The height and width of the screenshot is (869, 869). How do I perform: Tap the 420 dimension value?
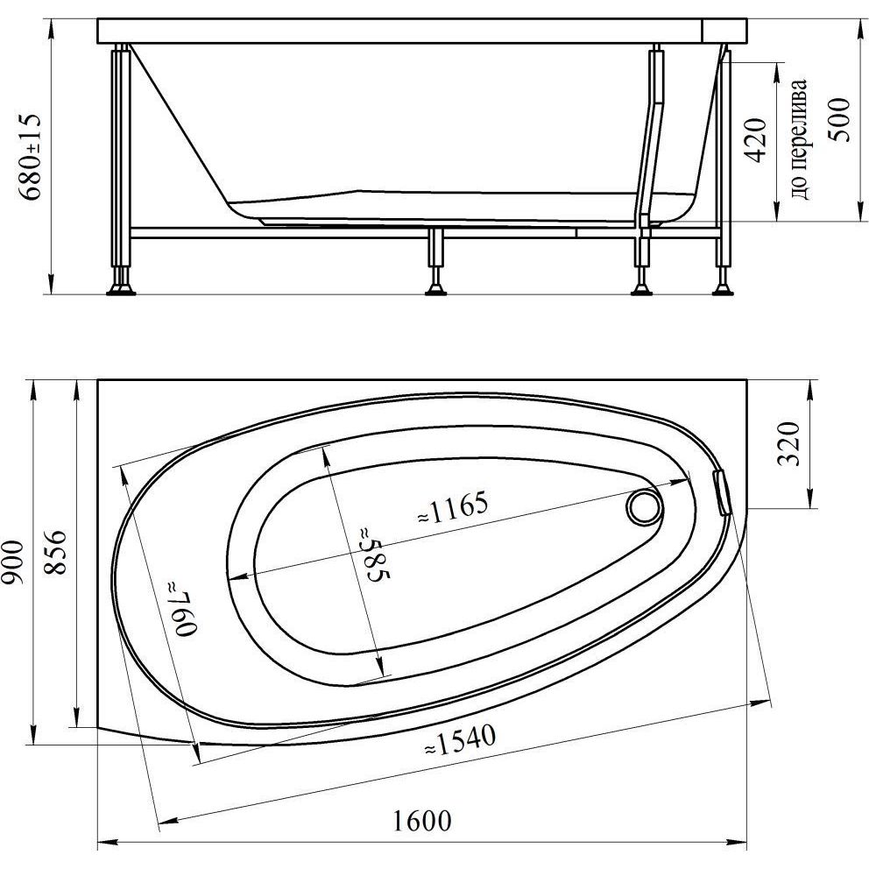click(757, 139)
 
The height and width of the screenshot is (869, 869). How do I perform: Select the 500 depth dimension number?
click(839, 119)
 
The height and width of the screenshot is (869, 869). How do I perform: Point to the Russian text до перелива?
click(800, 139)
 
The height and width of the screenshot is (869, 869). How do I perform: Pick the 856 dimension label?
click(55, 553)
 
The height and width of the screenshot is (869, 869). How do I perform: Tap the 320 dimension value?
click(789, 443)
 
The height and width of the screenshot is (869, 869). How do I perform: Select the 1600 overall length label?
click(422, 820)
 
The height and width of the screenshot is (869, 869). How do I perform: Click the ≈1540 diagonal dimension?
click(460, 740)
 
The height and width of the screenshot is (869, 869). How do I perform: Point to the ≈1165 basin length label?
click(453, 508)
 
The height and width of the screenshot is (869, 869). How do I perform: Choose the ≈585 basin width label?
click(375, 555)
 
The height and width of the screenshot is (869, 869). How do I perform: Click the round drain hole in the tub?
click(644, 506)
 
